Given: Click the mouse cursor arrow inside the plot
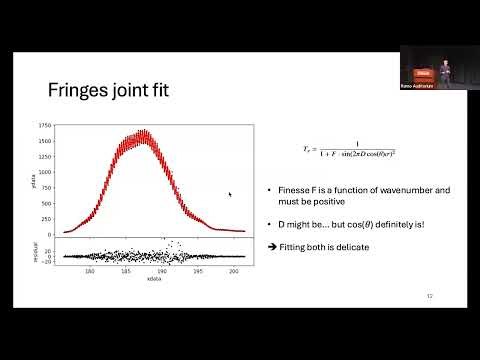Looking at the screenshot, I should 230,195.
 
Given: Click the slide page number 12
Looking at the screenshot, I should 429,295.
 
